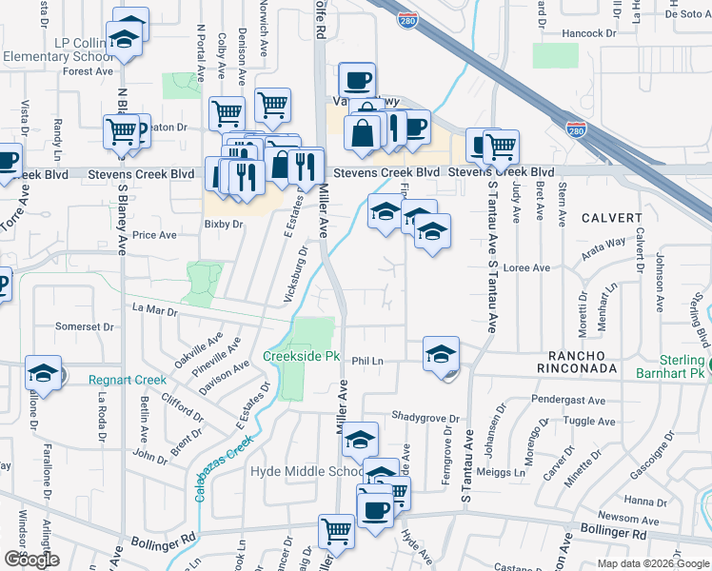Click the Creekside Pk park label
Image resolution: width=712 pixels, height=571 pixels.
tap(302, 357)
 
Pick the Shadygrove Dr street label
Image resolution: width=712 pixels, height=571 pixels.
tap(425, 418)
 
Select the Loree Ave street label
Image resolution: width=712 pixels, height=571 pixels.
tap(528, 268)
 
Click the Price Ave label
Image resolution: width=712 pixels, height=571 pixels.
tap(154, 234)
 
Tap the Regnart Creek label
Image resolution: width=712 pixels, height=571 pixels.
tap(128, 380)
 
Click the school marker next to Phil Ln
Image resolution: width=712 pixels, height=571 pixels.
tap(442, 355)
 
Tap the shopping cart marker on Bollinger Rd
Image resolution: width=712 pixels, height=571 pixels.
tap(336, 532)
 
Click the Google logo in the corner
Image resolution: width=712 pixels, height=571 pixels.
tap(31, 560)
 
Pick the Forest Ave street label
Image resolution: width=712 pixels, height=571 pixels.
tap(89, 71)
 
